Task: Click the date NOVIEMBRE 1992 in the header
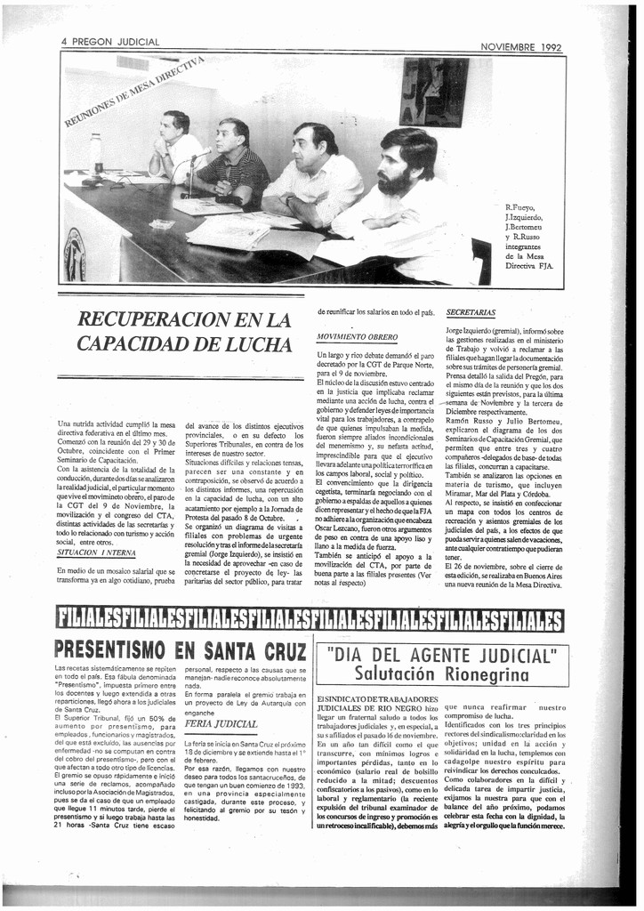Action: click(520, 47)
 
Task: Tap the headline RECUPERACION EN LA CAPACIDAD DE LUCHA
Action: click(185, 330)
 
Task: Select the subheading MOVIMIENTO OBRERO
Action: click(357, 337)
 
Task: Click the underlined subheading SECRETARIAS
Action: click(471, 312)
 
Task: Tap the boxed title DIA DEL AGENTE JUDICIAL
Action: click(441, 657)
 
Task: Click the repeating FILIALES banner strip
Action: click(310, 618)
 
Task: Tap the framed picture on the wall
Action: click(433, 93)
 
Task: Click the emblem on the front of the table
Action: click(76, 256)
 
